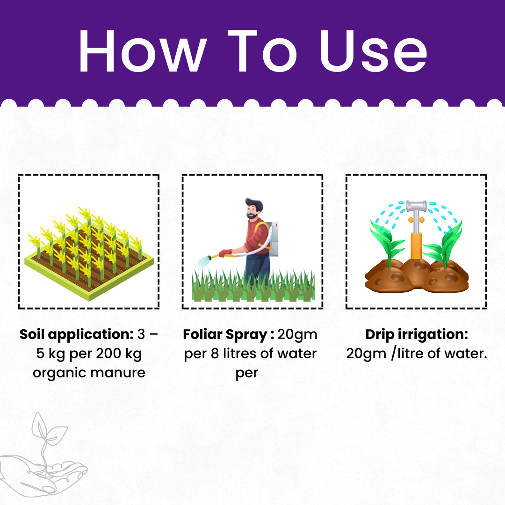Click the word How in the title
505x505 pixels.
click(x=143, y=51)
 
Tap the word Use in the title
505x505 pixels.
click(x=374, y=51)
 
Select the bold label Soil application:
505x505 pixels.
click(x=76, y=335)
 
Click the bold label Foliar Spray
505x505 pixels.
click(x=225, y=335)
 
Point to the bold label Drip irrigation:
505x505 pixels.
click(x=417, y=335)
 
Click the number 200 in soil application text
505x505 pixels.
click(x=108, y=353)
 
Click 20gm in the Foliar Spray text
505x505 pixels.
click(x=297, y=335)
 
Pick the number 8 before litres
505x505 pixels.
click(x=215, y=353)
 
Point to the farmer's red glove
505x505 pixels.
click(x=225, y=253)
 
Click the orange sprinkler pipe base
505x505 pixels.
click(x=416, y=245)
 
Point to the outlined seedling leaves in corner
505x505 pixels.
click(x=48, y=428)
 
